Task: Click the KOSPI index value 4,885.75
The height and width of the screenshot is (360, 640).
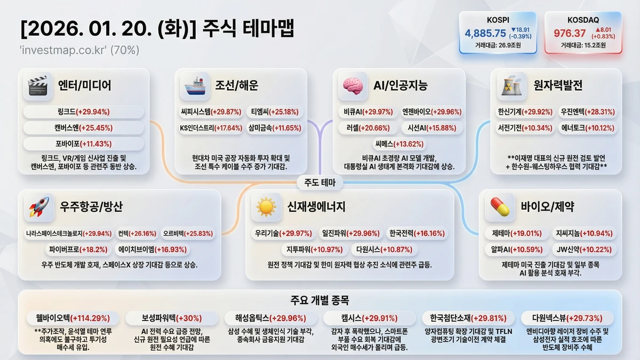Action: (x=485, y=34)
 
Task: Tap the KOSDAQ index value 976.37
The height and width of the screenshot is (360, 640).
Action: (x=570, y=34)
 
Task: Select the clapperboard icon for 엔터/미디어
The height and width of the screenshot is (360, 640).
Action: (x=38, y=86)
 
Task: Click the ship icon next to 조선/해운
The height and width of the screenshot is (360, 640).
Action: (x=195, y=86)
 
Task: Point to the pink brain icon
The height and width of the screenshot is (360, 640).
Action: (x=353, y=86)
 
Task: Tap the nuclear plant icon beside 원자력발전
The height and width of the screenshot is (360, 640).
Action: (x=511, y=86)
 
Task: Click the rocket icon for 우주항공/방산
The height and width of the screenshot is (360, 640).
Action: (x=39, y=207)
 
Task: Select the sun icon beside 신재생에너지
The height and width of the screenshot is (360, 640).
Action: (x=266, y=207)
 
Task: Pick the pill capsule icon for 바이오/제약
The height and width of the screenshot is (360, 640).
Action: (x=500, y=207)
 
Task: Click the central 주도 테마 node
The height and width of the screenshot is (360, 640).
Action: (x=319, y=182)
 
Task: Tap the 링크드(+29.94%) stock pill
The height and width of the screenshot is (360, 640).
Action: (x=83, y=111)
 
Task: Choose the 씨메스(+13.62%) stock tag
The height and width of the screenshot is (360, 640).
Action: (x=399, y=144)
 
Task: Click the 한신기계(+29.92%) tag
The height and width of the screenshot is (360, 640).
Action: (x=525, y=111)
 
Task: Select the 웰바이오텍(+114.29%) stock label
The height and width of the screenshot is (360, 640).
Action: (x=73, y=318)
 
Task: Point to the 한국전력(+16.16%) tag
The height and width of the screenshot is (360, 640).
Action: (x=417, y=234)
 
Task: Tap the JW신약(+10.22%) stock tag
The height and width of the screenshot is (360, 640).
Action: (x=584, y=250)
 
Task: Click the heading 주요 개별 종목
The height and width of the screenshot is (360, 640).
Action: (x=319, y=300)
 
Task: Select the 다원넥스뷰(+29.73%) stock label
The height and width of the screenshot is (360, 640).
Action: (x=567, y=318)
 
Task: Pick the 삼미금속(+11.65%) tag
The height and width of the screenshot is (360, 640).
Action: (x=275, y=127)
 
